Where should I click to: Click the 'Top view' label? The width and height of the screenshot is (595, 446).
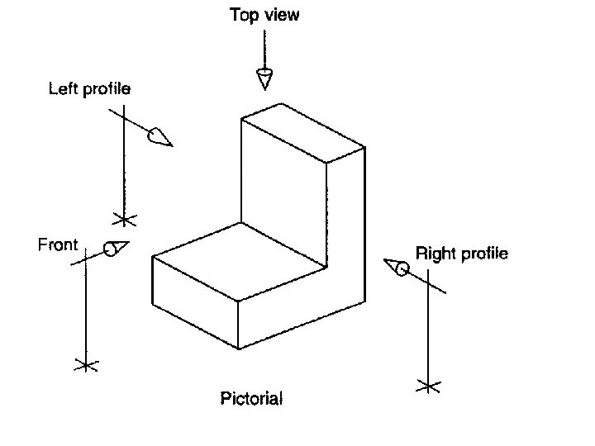click(x=264, y=15)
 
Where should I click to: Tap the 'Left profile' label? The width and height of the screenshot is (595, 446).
click(x=89, y=88)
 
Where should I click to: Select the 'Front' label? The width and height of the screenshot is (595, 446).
click(x=58, y=244)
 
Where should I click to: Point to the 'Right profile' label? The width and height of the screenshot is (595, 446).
click(x=462, y=253)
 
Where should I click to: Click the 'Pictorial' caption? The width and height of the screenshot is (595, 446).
click(x=251, y=399)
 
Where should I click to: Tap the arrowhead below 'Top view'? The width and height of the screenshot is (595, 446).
click(x=264, y=79)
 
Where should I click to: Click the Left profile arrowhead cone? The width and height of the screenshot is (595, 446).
click(x=159, y=137)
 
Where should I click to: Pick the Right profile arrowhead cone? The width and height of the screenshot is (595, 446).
click(x=396, y=266)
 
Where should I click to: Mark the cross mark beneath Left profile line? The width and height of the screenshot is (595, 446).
click(x=125, y=220)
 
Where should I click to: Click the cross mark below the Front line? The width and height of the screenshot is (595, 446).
click(x=85, y=364)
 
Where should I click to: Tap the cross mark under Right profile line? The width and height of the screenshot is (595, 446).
click(x=428, y=385)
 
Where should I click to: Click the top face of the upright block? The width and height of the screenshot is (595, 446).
click(x=302, y=132)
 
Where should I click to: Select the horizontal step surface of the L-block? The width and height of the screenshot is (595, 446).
click(x=240, y=260)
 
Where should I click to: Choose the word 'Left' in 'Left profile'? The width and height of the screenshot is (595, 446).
click(x=64, y=88)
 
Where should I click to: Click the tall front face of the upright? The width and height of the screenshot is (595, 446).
click(x=283, y=198)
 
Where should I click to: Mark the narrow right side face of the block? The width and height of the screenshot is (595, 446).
click(x=346, y=231)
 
